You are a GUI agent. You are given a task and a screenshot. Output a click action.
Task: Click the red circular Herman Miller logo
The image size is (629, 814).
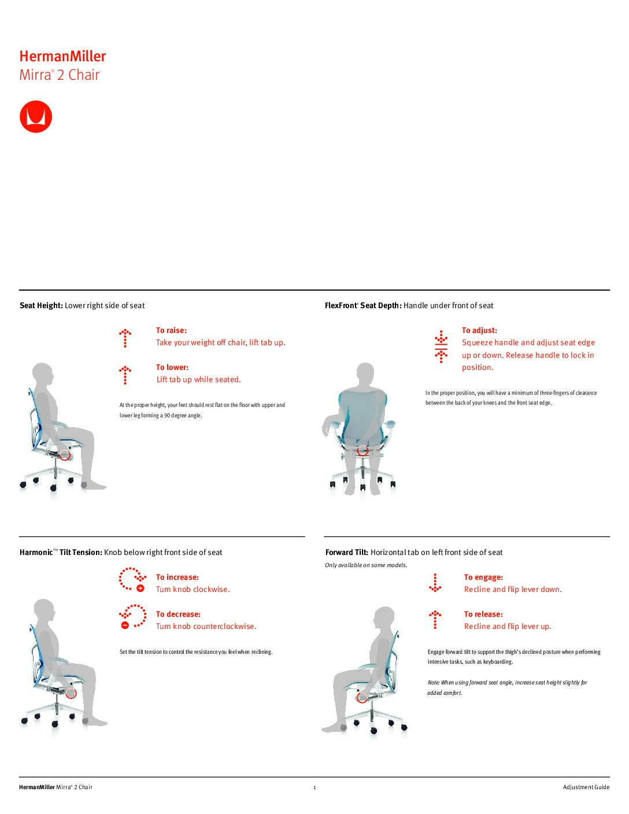point(36,117)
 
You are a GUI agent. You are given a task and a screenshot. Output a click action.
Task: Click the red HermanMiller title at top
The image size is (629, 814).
point(62,56)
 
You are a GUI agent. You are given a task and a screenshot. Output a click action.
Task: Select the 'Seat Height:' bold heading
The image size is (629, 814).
point(41,305)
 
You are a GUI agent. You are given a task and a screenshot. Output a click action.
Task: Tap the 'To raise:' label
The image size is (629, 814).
point(171,330)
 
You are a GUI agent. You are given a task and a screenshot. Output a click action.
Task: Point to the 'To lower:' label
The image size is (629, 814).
point(172,367)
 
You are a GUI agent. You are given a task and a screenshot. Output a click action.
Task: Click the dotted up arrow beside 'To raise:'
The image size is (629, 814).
point(125,338)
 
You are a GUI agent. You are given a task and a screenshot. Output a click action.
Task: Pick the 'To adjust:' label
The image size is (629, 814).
point(479,330)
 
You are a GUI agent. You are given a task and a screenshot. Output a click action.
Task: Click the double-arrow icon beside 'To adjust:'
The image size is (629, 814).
point(441,346)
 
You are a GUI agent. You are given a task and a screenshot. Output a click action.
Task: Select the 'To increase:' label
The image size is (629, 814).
point(177,577)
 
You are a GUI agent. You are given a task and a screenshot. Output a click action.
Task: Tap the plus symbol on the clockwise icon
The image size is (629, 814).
point(140,588)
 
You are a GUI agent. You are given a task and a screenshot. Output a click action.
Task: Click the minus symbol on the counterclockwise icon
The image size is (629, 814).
point(125,625)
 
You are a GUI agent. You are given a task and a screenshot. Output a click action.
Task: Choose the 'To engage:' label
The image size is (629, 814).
point(483,577)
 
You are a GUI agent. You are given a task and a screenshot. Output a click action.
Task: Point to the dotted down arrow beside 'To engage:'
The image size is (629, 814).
point(435,583)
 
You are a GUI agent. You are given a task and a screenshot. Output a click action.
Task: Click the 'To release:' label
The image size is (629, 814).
point(483,614)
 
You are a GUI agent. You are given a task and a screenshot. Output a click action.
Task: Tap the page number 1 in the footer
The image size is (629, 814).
point(314,787)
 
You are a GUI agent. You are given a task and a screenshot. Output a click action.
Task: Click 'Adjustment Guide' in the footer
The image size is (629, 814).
point(586,787)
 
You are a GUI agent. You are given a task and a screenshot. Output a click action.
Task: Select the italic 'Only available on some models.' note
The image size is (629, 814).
point(366,565)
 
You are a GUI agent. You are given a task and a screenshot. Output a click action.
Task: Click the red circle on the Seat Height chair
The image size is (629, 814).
point(65,455)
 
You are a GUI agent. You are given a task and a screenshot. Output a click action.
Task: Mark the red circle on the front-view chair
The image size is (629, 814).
point(362,450)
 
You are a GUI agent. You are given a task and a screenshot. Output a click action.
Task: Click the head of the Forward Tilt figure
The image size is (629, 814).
point(384,617)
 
